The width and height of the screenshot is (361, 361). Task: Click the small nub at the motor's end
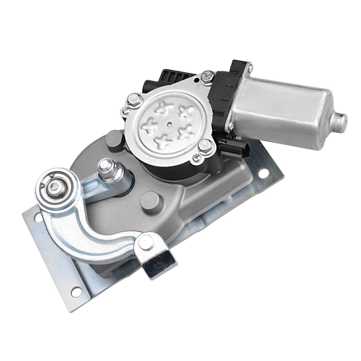pyautogui.click(x=340, y=118)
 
